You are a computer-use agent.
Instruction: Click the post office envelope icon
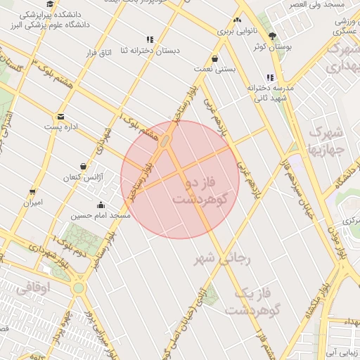(60, 117)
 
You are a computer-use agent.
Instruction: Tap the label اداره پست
(63, 127)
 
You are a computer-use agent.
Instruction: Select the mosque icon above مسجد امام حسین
(101, 205)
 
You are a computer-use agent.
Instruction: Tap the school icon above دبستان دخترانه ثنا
(149, 39)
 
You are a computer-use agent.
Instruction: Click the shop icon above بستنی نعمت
(214, 59)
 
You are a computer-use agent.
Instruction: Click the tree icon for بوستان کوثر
(272, 36)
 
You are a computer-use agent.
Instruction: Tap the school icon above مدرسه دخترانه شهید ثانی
(270, 77)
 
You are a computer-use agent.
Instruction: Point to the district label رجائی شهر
(223, 259)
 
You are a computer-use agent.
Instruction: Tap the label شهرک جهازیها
(326, 141)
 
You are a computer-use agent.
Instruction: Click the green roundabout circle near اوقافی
(78, 288)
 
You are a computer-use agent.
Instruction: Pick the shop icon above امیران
(32, 191)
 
